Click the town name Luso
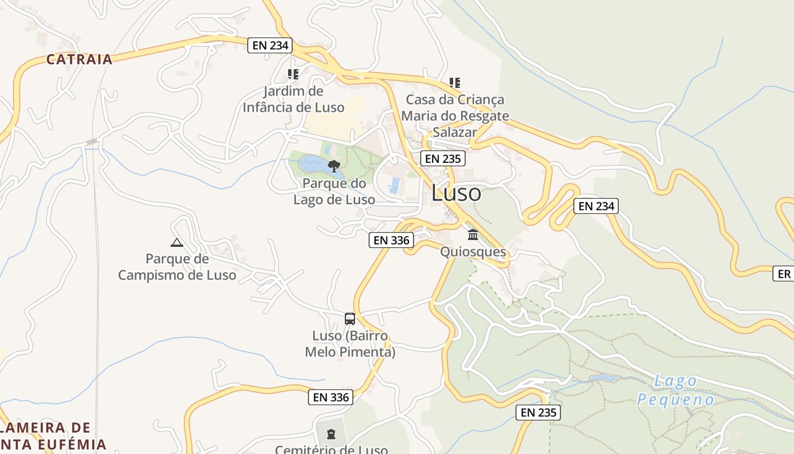[x=456, y=193]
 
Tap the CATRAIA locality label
[x=79, y=59]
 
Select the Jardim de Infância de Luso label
[x=293, y=99]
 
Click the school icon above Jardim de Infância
[x=293, y=74]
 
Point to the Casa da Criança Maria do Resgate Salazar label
[x=455, y=116]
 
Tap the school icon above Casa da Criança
[x=454, y=83]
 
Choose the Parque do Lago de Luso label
[x=334, y=191]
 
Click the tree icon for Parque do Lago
[x=334, y=166]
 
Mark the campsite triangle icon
[x=177, y=243]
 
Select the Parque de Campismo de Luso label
[x=177, y=267]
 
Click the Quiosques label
[x=473, y=251]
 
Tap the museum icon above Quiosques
[x=473, y=234]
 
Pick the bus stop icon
[x=350, y=319]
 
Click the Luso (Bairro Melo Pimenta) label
[x=350, y=343]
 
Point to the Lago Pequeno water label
[x=675, y=390]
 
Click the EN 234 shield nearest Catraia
[x=270, y=45]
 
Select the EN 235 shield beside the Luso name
[x=443, y=159]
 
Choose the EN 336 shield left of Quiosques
[x=391, y=240]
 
